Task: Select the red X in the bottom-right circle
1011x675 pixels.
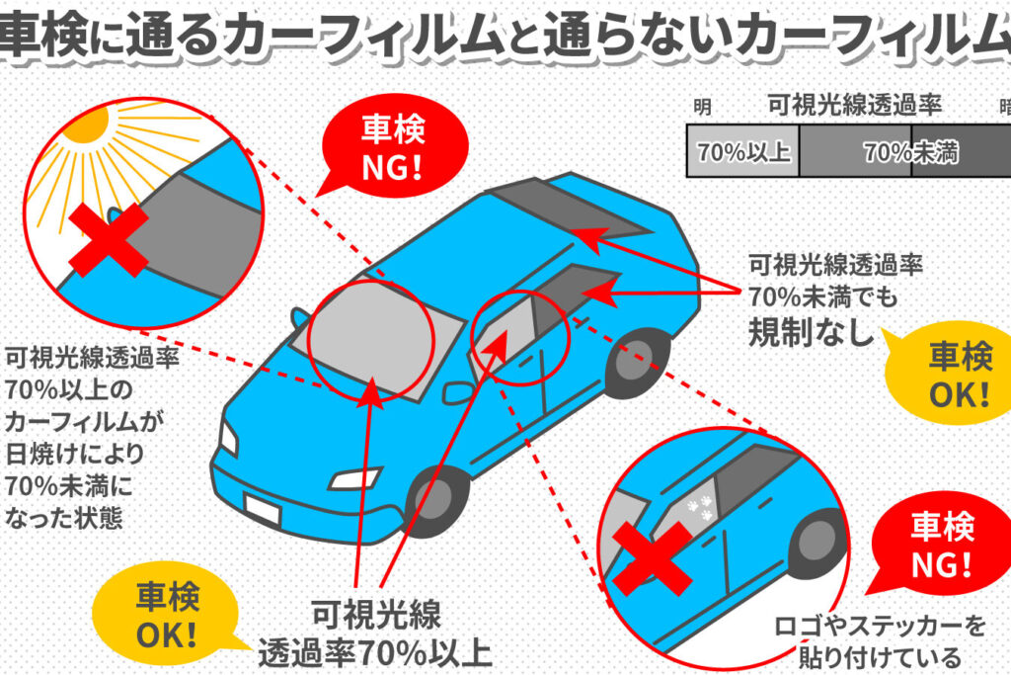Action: tap(652, 557)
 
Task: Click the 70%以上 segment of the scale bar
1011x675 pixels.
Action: tap(742, 152)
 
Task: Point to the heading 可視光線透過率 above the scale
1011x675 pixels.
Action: tap(854, 105)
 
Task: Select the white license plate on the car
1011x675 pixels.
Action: tap(262, 511)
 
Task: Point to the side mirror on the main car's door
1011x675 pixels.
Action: tap(456, 392)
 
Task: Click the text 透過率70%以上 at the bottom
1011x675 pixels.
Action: tap(374, 652)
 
